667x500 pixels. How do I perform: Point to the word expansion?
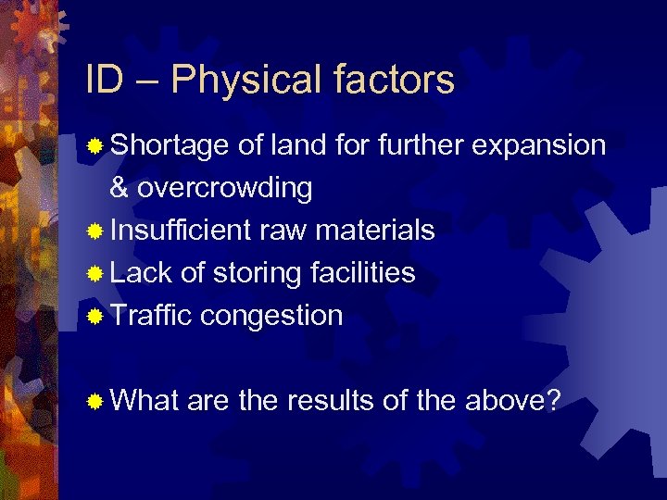pos(540,146)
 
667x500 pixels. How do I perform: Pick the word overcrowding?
pos(225,188)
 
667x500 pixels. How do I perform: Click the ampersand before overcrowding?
pos(120,188)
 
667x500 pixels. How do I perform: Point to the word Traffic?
pos(151,316)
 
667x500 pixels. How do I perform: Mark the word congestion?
pos(271,316)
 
